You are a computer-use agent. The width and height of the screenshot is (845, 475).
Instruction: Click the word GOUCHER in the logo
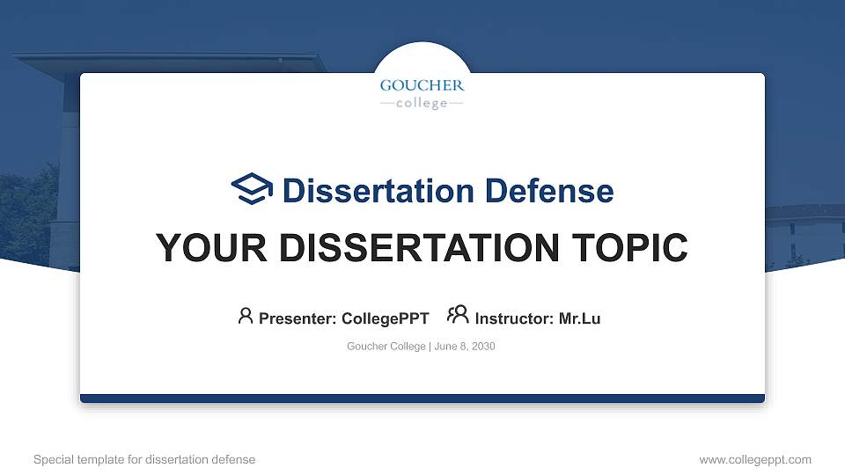[422, 85]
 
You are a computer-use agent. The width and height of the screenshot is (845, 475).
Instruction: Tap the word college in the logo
[422, 103]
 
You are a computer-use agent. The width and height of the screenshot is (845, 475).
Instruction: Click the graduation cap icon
[252, 188]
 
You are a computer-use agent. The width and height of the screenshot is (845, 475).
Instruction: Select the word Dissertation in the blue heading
[378, 191]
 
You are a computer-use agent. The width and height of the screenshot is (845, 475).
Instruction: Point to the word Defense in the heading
[549, 191]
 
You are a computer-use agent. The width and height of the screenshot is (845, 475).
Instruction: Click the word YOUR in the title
[211, 248]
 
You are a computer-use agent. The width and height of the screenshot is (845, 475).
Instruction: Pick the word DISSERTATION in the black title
[419, 248]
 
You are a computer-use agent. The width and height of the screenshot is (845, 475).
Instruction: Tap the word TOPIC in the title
[629, 248]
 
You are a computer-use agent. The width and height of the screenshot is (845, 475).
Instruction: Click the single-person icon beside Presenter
[246, 316]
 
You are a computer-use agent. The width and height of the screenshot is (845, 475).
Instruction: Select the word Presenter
[298, 318]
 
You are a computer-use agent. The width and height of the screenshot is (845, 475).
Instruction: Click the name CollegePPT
[386, 318]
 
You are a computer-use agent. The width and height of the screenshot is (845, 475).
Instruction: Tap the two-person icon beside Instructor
[458, 315]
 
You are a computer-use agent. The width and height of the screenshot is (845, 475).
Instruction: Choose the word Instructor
[514, 318]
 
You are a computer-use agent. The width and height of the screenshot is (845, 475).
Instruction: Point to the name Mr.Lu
[579, 318]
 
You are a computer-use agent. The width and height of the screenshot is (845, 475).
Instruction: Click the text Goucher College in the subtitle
[386, 347]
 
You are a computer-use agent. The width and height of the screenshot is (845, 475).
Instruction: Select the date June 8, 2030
[465, 347]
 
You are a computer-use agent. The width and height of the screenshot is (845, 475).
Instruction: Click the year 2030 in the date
[483, 347]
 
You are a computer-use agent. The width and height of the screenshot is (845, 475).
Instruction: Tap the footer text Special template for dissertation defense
[144, 459]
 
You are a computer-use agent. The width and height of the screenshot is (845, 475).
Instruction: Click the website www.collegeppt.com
[755, 459]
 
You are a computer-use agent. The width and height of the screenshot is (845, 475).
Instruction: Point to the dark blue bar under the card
[422, 398]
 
